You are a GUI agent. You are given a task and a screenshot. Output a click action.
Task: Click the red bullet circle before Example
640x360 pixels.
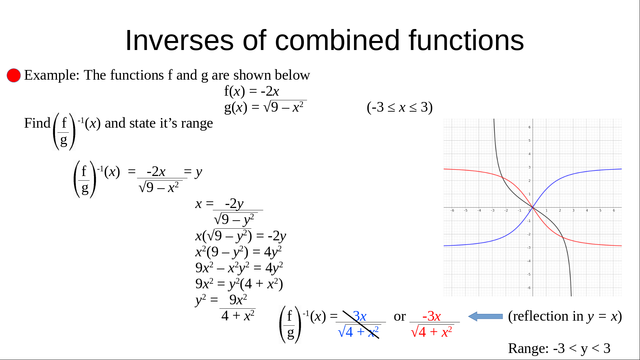tap(14, 75)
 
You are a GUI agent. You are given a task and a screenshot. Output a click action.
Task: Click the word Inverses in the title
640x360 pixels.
tap(179, 40)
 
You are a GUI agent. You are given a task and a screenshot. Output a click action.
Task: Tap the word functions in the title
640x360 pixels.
tap(466, 40)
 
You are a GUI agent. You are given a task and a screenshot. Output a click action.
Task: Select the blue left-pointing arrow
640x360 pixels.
tap(485, 316)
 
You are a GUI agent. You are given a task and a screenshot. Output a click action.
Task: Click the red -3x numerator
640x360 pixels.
tap(431, 316)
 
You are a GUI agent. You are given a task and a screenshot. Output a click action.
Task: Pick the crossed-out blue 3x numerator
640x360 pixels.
tap(360, 316)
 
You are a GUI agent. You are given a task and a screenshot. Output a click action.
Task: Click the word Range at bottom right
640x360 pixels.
tap(528, 348)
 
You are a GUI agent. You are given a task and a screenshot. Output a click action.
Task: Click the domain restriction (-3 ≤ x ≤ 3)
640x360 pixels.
tap(400, 107)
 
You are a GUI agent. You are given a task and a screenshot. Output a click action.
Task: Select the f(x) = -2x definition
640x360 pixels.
tap(251, 91)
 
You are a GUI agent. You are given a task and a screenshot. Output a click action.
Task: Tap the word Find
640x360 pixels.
tap(37, 123)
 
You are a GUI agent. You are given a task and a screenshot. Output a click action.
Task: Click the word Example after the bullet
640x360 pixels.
tap(52, 75)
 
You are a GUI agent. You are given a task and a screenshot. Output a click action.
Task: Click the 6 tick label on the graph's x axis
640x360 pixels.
tap(614, 211)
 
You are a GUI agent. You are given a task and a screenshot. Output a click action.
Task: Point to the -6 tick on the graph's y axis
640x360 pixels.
tap(529, 288)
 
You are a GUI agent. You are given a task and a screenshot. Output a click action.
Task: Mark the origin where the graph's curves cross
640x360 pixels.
tap(533, 208)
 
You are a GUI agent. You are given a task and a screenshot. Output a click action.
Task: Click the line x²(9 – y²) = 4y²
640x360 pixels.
tap(238, 252)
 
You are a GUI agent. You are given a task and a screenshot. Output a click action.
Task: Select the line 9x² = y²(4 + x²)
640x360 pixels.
tap(239, 284)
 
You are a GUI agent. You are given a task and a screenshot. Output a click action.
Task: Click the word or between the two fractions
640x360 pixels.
tap(400, 316)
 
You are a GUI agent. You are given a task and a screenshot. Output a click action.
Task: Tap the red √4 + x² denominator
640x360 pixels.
tap(432, 332)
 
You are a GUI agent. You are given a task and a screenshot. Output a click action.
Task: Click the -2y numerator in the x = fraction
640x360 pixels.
tap(234, 204)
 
